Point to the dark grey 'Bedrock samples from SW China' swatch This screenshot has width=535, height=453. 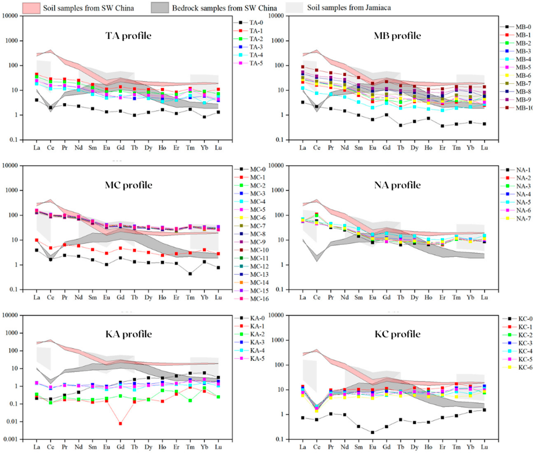point(160,8)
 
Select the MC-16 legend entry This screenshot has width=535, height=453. point(259,299)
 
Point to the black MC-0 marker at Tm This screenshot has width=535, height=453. point(190,274)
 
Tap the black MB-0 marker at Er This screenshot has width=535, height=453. point(442,126)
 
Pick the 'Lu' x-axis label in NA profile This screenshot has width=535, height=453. point(484,297)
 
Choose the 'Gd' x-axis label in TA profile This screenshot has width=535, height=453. point(120,148)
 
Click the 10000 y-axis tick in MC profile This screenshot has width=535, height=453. point(10,166)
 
